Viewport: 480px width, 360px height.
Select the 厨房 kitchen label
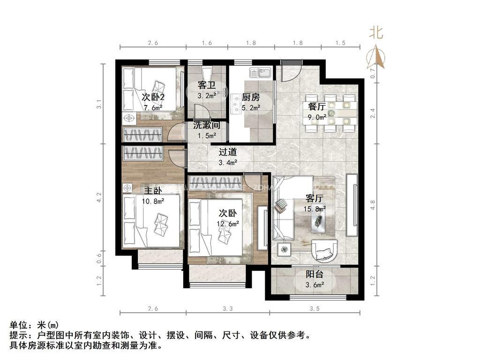tap(251, 97)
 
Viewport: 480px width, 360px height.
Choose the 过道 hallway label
tap(227, 152)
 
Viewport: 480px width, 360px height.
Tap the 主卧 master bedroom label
tap(153, 191)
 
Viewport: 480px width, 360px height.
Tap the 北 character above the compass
tap(376, 32)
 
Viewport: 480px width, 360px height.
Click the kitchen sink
tap(259, 73)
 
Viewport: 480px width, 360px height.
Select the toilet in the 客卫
tap(206, 73)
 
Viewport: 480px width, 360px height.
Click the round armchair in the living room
tap(324, 251)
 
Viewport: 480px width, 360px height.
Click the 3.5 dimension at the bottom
tap(315, 308)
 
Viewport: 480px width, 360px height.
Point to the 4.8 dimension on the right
tap(373, 205)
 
